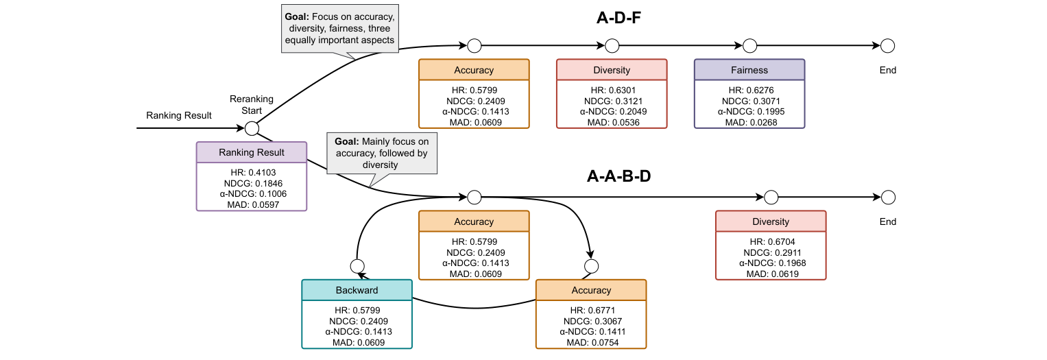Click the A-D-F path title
[618, 18]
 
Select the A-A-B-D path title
[618, 176]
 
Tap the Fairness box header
[749, 70]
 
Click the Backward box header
[357, 290]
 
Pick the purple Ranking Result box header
[251, 152]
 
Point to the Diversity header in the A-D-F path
[611, 70]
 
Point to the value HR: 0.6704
[770, 242]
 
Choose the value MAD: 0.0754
[590, 342]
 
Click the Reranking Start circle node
[252, 128]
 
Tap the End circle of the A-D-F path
[887, 46]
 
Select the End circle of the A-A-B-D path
[887, 197]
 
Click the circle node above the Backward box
[357, 265]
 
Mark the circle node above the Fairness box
[749, 46]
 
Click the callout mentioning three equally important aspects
[340, 28]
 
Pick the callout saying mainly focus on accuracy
[381, 154]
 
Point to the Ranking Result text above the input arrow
[179, 115]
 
